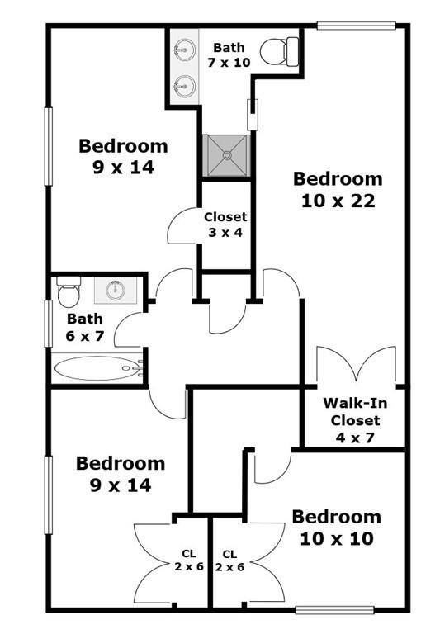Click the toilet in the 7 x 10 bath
pos(280,52)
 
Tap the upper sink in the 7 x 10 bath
pos(185,50)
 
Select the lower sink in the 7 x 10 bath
pos(185,86)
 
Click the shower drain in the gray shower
pos(227,155)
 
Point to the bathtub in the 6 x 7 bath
pos(97,368)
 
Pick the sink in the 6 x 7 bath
pos(116,290)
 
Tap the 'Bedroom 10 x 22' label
pos(338,190)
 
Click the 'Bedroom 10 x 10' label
pos(337,528)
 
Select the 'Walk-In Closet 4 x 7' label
pos(355,420)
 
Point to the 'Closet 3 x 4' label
pos(225,225)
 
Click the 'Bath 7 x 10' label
pos(229,55)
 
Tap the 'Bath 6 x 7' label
pos(84,327)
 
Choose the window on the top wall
pos(356,26)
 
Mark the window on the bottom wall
pos(334,610)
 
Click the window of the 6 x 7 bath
pos(49,324)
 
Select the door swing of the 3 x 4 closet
pos(182,225)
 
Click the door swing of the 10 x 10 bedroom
pos(272,468)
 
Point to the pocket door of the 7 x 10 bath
pos(253,115)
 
